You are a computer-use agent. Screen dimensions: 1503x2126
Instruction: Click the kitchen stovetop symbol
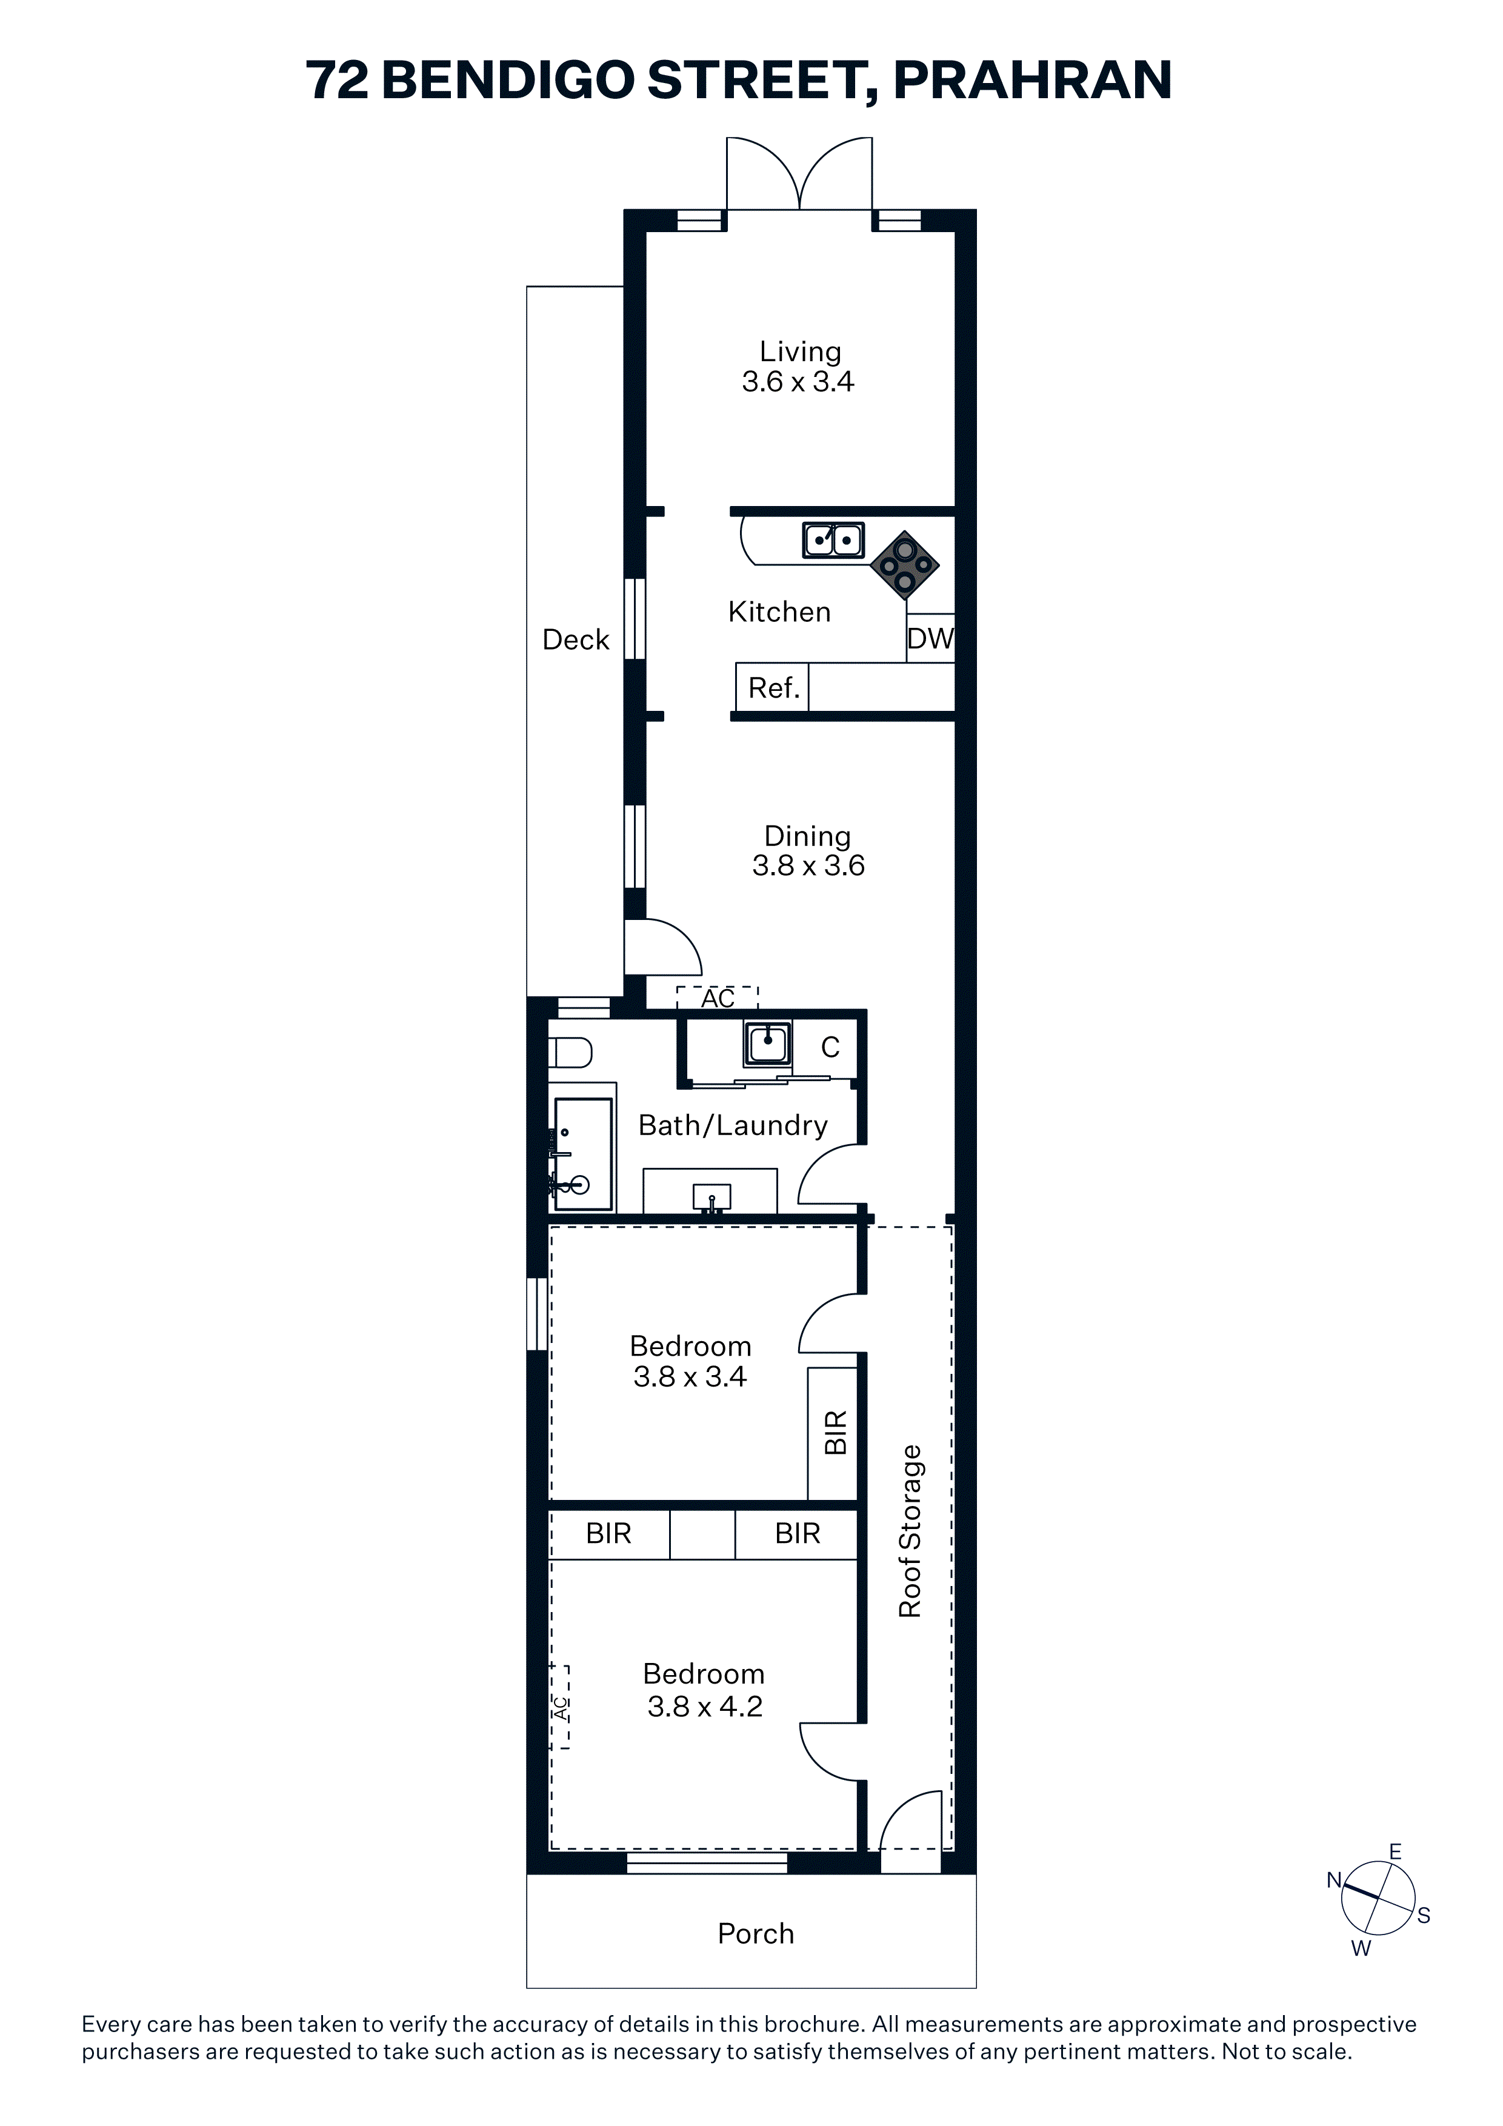905,565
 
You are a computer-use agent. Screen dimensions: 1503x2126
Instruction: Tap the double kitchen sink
833,540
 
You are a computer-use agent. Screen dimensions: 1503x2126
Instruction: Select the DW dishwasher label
930,638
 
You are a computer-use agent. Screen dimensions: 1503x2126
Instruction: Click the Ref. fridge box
772,687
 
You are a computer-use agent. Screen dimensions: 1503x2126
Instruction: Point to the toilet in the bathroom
570,1053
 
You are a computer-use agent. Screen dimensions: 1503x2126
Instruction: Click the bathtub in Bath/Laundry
582,1154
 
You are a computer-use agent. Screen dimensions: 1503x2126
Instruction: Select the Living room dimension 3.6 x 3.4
798,381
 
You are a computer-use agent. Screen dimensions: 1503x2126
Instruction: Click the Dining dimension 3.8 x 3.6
808,866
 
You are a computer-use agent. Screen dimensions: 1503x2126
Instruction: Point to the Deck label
575,640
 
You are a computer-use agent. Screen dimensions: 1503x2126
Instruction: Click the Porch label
756,1933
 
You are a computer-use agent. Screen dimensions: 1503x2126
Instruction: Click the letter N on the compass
1333,1880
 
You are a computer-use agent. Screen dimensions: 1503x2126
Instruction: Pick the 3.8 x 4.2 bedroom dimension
705,1707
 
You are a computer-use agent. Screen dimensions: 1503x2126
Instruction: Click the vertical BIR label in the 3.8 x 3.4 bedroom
835,1433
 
